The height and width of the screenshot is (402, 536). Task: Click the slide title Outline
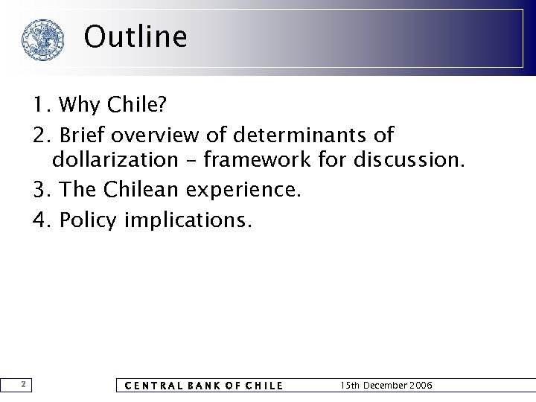coord(135,36)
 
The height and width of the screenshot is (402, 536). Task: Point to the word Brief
coord(84,136)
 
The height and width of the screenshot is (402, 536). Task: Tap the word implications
coord(189,220)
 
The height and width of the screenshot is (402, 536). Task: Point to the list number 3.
coord(39,189)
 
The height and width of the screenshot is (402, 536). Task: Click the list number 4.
coord(39,220)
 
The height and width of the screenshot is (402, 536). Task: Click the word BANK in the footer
coord(202,386)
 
